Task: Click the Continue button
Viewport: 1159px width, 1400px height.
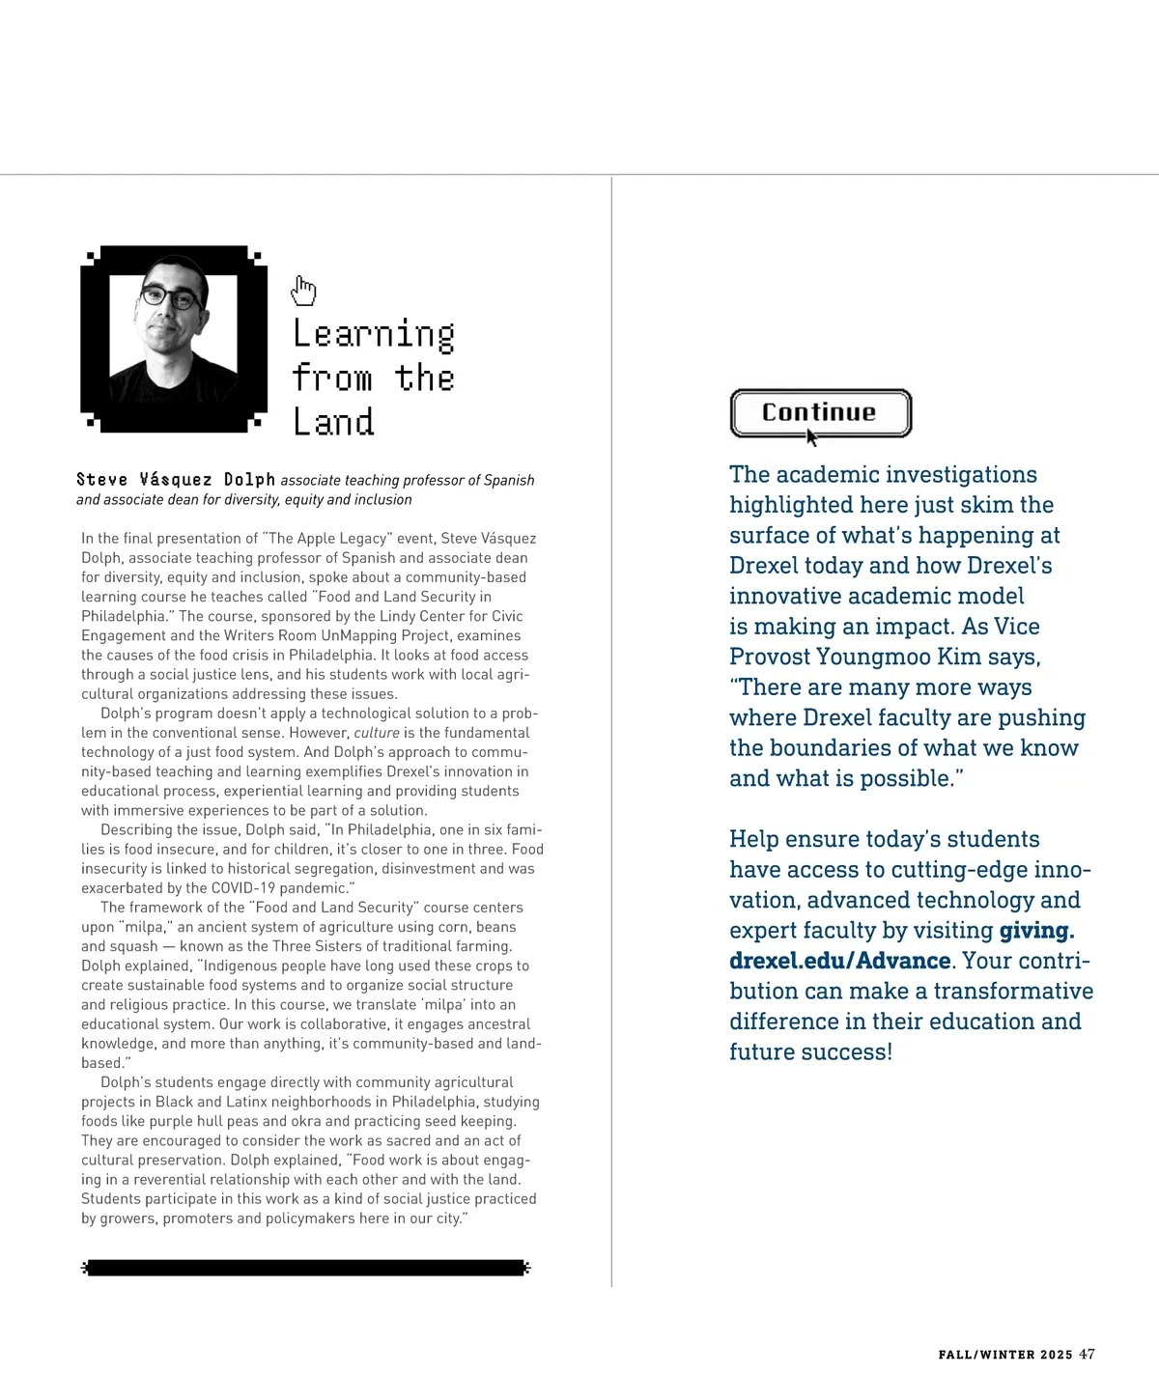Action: pos(820,412)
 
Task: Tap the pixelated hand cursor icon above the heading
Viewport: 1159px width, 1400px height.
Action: pos(303,290)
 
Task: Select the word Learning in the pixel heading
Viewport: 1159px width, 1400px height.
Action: pos(374,334)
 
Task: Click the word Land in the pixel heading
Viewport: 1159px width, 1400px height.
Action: pos(333,422)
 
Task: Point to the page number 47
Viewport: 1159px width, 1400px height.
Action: pos(1087,1354)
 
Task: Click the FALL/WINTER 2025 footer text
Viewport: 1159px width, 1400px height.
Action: pos(1004,1355)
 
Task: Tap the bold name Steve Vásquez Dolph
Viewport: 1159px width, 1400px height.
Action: pos(176,480)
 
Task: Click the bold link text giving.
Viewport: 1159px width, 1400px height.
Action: pos(1036,931)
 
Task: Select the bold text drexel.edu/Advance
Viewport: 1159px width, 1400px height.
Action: pos(839,961)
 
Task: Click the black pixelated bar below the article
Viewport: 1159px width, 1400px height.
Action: pos(306,1268)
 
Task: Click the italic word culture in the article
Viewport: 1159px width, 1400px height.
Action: pos(377,733)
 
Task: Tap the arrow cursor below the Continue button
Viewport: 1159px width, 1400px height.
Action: pos(811,437)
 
